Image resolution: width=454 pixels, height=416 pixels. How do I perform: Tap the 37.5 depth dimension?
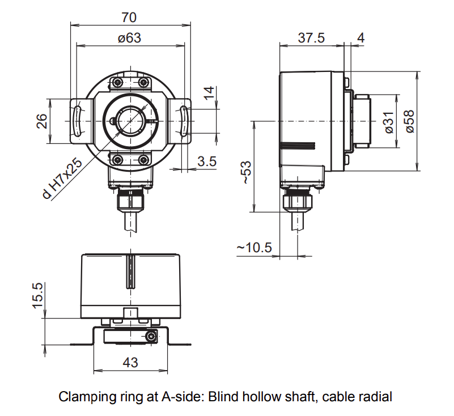click(311, 38)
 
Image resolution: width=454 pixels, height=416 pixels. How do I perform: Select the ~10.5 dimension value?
click(254, 248)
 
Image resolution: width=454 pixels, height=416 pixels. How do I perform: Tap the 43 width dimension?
click(130, 363)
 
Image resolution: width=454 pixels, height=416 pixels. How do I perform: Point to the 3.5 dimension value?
click(207, 161)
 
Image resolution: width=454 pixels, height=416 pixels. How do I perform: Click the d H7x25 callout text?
click(63, 178)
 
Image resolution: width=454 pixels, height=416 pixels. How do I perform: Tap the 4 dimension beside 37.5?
click(361, 38)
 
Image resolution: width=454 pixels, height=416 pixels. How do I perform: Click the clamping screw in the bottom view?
click(151, 337)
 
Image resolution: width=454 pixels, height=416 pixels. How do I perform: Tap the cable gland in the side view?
click(296, 199)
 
